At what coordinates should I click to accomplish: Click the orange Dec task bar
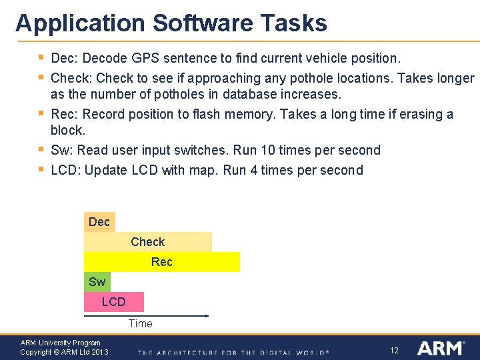[x=99, y=222]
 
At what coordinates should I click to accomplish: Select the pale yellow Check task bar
[x=147, y=242]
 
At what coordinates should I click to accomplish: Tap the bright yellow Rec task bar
[x=162, y=262]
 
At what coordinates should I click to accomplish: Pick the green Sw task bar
[x=97, y=282]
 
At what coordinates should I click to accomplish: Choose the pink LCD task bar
[x=113, y=302]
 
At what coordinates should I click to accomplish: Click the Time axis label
[x=140, y=323]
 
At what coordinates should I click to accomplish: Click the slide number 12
[x=394, y=350]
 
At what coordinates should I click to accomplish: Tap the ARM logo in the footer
[x=441, y=348]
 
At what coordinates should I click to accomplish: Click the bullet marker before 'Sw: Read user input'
[x=42, y=149]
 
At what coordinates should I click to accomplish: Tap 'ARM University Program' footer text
[x=60, y=343]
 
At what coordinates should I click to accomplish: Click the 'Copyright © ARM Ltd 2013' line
[x=64, y=352]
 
